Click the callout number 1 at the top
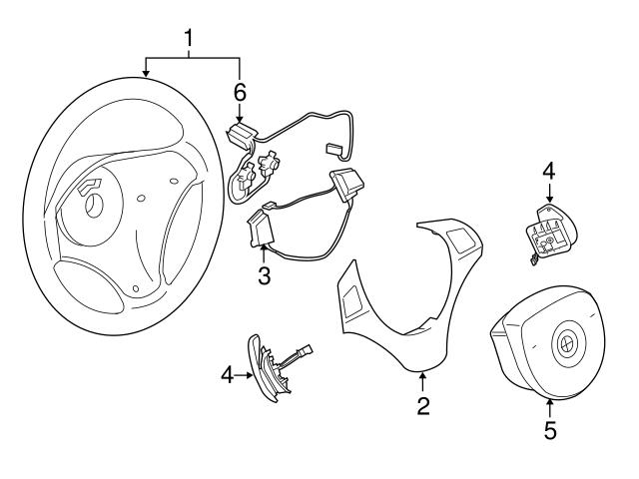pos(188,40)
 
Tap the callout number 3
pos(264,275)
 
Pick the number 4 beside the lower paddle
pos(227,375)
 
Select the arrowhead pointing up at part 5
pos(550,403)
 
